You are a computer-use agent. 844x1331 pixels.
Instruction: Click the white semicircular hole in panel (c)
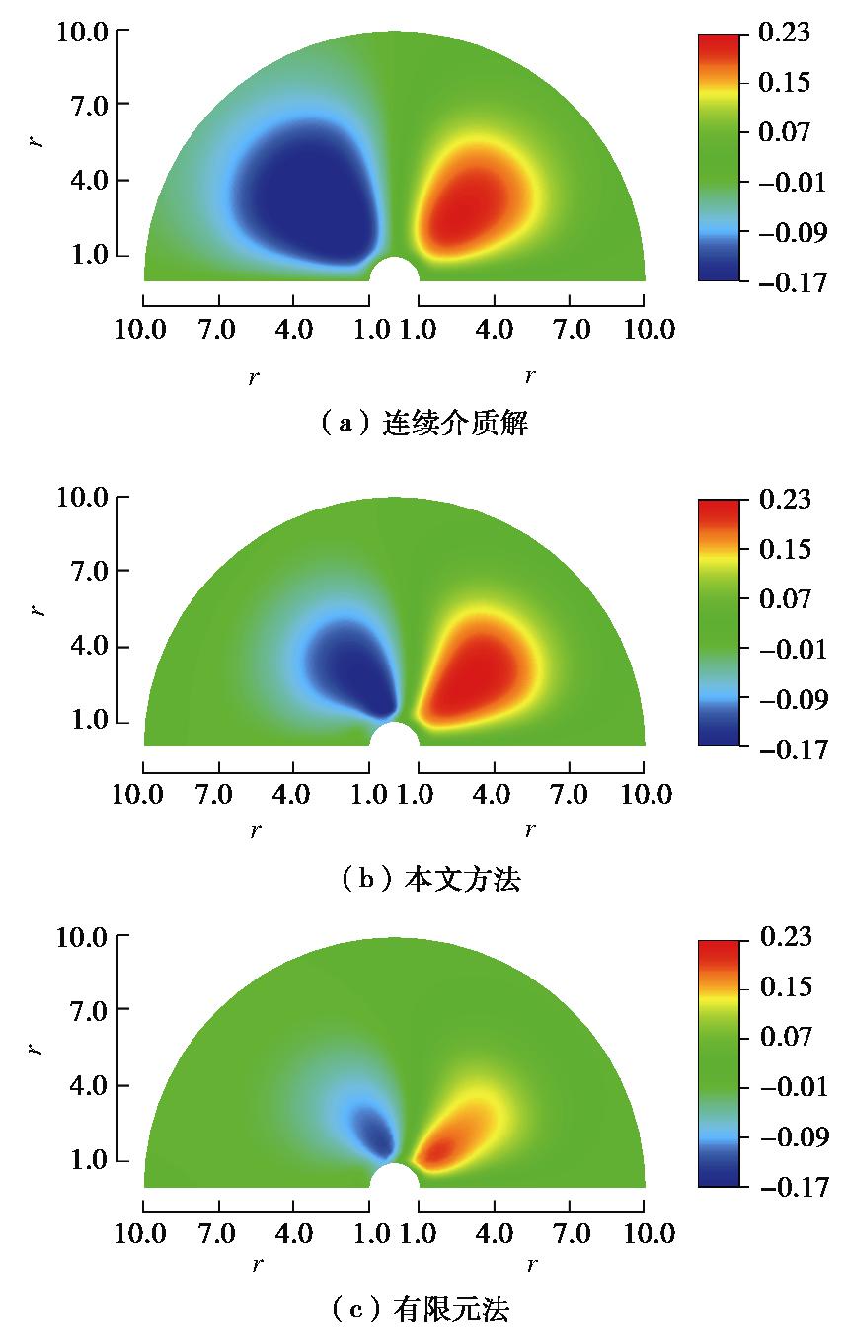point(394,1178)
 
